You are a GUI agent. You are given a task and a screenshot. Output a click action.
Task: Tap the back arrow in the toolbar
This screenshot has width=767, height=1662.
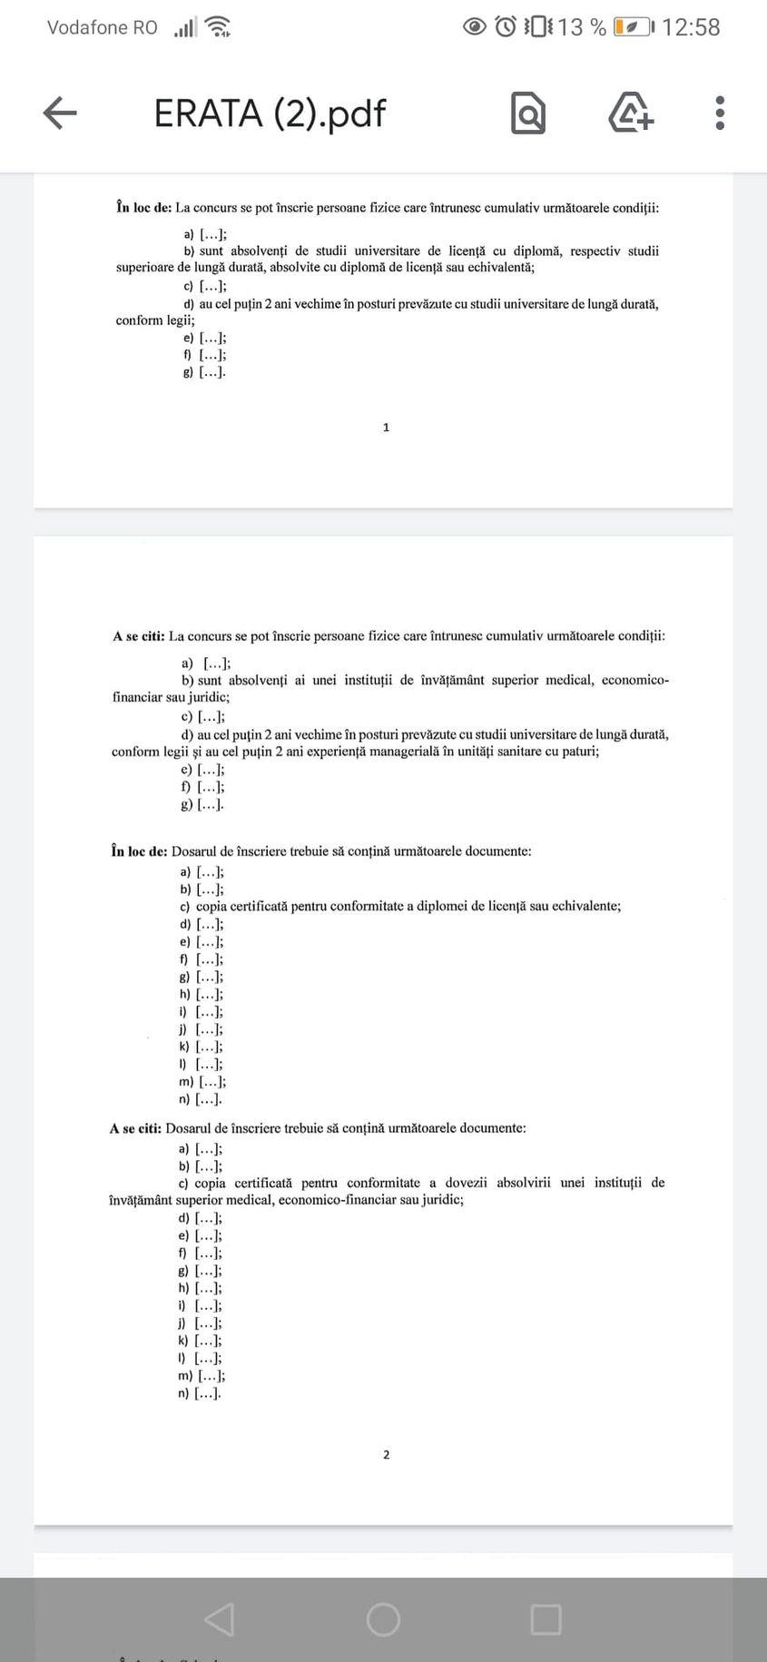point(60,113)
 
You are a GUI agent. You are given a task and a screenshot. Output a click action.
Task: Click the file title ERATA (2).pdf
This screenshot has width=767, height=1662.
point(270,113)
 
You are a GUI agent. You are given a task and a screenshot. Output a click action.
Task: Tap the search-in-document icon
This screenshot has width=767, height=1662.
point(528,113)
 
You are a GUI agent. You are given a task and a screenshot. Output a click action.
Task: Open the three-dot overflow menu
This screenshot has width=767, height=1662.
point(720,113)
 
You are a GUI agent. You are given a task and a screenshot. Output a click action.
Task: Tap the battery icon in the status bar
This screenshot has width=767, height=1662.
point(632,27)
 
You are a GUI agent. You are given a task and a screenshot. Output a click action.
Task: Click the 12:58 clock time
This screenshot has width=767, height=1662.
point(691,27)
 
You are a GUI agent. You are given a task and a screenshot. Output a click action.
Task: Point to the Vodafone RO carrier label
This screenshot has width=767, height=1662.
point(102,27)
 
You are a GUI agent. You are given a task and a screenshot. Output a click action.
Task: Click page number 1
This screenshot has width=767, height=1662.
point(386,428)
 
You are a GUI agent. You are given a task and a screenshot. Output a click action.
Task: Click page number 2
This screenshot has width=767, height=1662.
point(386,1455)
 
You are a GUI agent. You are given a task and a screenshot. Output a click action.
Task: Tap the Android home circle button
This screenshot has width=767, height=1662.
point(383,1619)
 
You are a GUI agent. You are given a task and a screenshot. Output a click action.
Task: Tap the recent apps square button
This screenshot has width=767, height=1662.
point(546,1619)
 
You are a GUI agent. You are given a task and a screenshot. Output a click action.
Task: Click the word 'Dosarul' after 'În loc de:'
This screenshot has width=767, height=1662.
point(193,851)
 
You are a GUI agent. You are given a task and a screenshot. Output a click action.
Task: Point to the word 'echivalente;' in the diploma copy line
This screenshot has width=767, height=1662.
point(588,906)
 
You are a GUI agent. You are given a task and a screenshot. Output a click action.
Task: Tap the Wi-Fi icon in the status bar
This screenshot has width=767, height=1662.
point(218,27)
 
